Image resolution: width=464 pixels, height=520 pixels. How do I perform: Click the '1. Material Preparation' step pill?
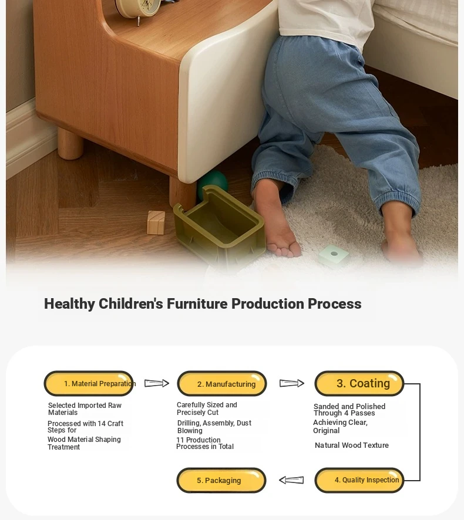(89, 383)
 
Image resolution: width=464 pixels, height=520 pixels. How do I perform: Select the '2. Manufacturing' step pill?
(222, 383)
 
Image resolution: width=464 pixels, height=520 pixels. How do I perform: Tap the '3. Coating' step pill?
(359, 383)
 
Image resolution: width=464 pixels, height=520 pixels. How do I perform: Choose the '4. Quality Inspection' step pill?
(359, 480)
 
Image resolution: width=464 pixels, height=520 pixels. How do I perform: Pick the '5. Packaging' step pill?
(221, 480)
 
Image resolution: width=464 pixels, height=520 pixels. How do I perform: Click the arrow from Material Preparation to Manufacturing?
(157, 383)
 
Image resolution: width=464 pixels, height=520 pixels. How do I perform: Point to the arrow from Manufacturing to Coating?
(292, 383)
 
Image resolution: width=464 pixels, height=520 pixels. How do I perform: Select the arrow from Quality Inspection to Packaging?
(291, 480)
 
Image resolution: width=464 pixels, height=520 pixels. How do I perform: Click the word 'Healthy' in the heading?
(69, 304)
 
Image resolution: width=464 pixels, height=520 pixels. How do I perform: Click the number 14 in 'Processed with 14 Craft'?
(102, 424)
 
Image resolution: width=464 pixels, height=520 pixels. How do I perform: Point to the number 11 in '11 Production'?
(180, 440)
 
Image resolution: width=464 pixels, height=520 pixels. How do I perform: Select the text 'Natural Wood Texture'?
(351, 445)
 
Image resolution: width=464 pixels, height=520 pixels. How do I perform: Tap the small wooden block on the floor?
(156, 222)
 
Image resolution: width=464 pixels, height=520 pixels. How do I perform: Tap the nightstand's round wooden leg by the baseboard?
(70, 144)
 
